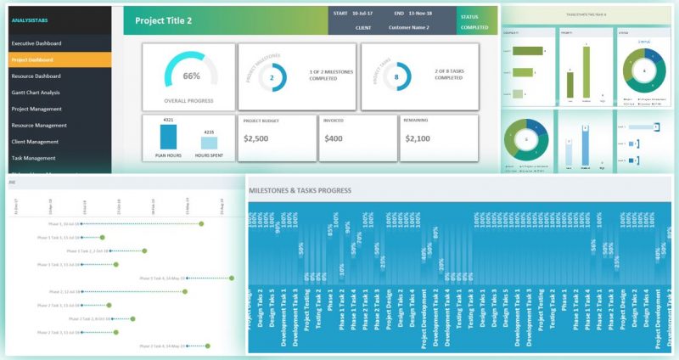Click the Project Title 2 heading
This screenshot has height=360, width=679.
coord(165,20)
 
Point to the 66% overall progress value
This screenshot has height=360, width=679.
coord(191,76)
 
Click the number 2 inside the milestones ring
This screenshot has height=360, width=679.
coord(272,77)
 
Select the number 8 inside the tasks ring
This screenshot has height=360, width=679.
coord(396,77)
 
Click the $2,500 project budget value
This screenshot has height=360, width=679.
coord(256,138)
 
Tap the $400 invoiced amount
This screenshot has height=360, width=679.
coord(334,138)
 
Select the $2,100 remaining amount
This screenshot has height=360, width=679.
coord(418,138)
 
